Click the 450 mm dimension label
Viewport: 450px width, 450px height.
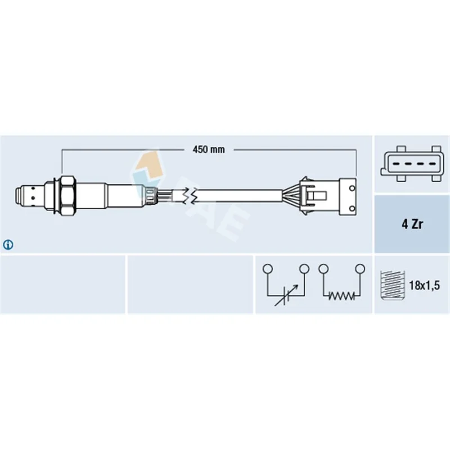tap(209, 150)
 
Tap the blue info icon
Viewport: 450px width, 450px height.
tap(8, 245)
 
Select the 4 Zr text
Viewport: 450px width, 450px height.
tap(412, 224)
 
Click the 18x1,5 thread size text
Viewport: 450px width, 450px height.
tap(424, 285)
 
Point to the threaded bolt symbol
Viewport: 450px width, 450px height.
tap(392, 285)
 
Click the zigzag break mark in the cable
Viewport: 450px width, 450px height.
tap(190, 196)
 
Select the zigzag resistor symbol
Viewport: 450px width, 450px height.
tap(341, 295)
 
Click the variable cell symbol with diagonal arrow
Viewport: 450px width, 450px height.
tap(286, 296)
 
